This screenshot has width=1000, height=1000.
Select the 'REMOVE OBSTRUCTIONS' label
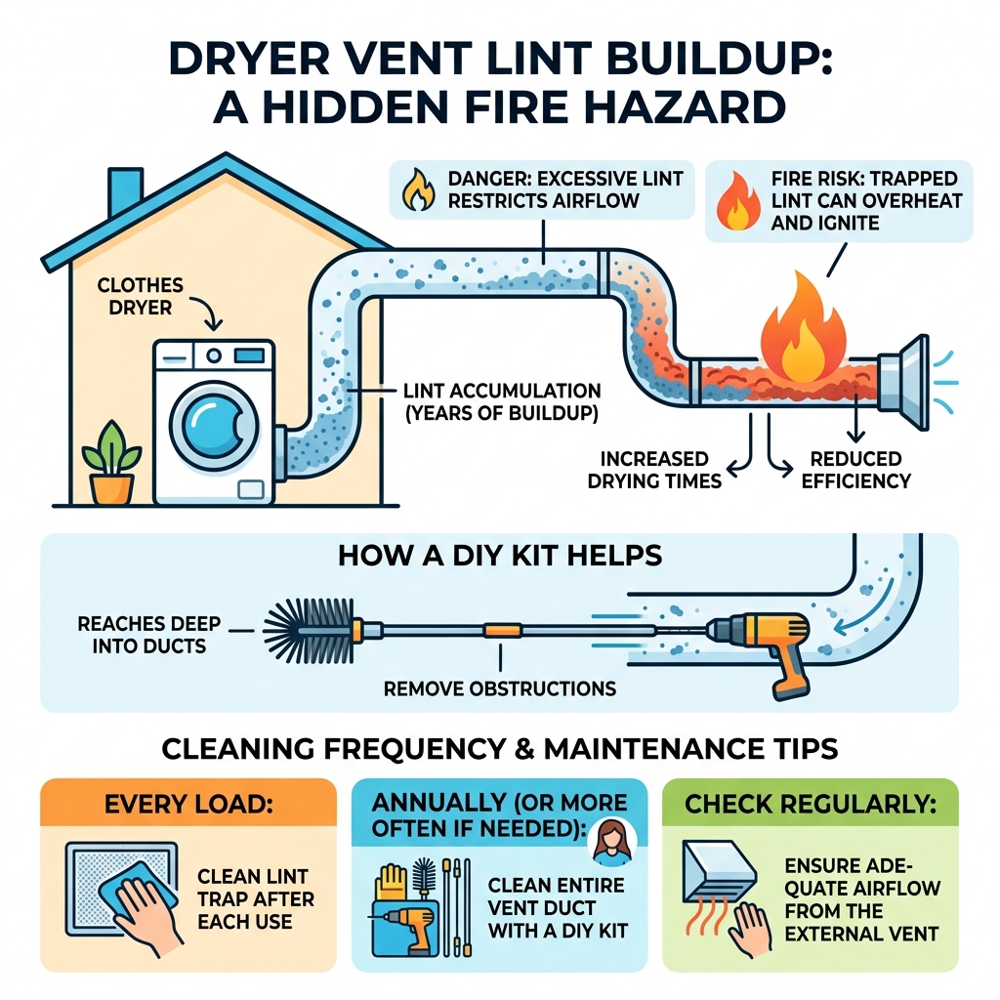(x=500, y=687)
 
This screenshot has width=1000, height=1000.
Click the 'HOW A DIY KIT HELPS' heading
(x=500, y=556)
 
